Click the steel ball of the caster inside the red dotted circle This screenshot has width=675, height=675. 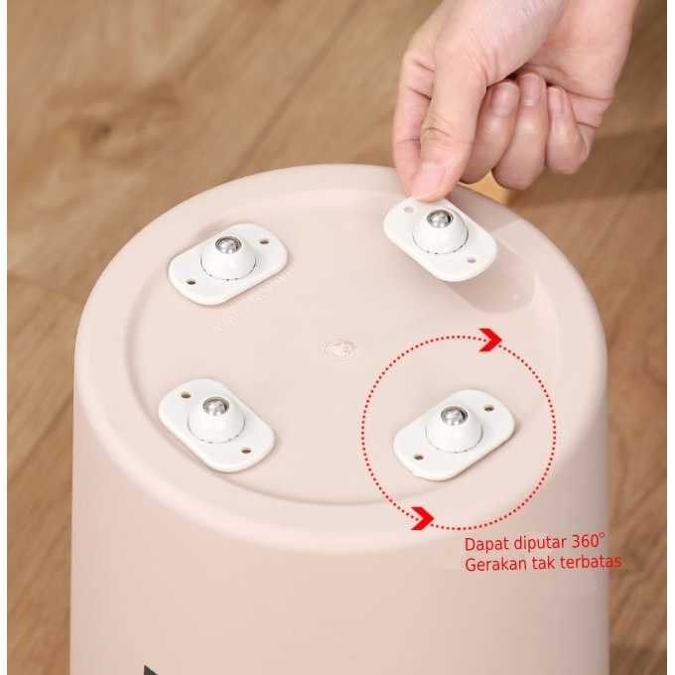(454, 416)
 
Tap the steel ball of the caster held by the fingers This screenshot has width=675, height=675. (440, 219)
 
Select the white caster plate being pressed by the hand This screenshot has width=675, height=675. (441, 239)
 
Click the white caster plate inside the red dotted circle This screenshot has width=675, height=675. (455, 434)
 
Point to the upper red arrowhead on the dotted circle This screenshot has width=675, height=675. (490, 340)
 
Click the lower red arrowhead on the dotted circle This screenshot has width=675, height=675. (422, 518)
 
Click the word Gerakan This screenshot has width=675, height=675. (497, 564)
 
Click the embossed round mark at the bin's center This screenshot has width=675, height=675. (340, 348)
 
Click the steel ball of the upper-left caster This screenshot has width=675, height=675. (227, 245)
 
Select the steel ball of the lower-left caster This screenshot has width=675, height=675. (214, 406)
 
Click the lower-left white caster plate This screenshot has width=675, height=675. (216, 425)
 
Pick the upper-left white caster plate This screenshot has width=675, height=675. (227, 264)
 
